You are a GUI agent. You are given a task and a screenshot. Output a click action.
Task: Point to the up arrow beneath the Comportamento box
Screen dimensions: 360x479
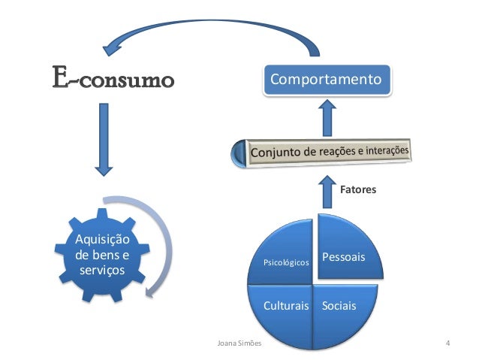327,118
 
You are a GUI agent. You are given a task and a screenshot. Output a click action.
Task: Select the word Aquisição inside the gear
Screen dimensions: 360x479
101,240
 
